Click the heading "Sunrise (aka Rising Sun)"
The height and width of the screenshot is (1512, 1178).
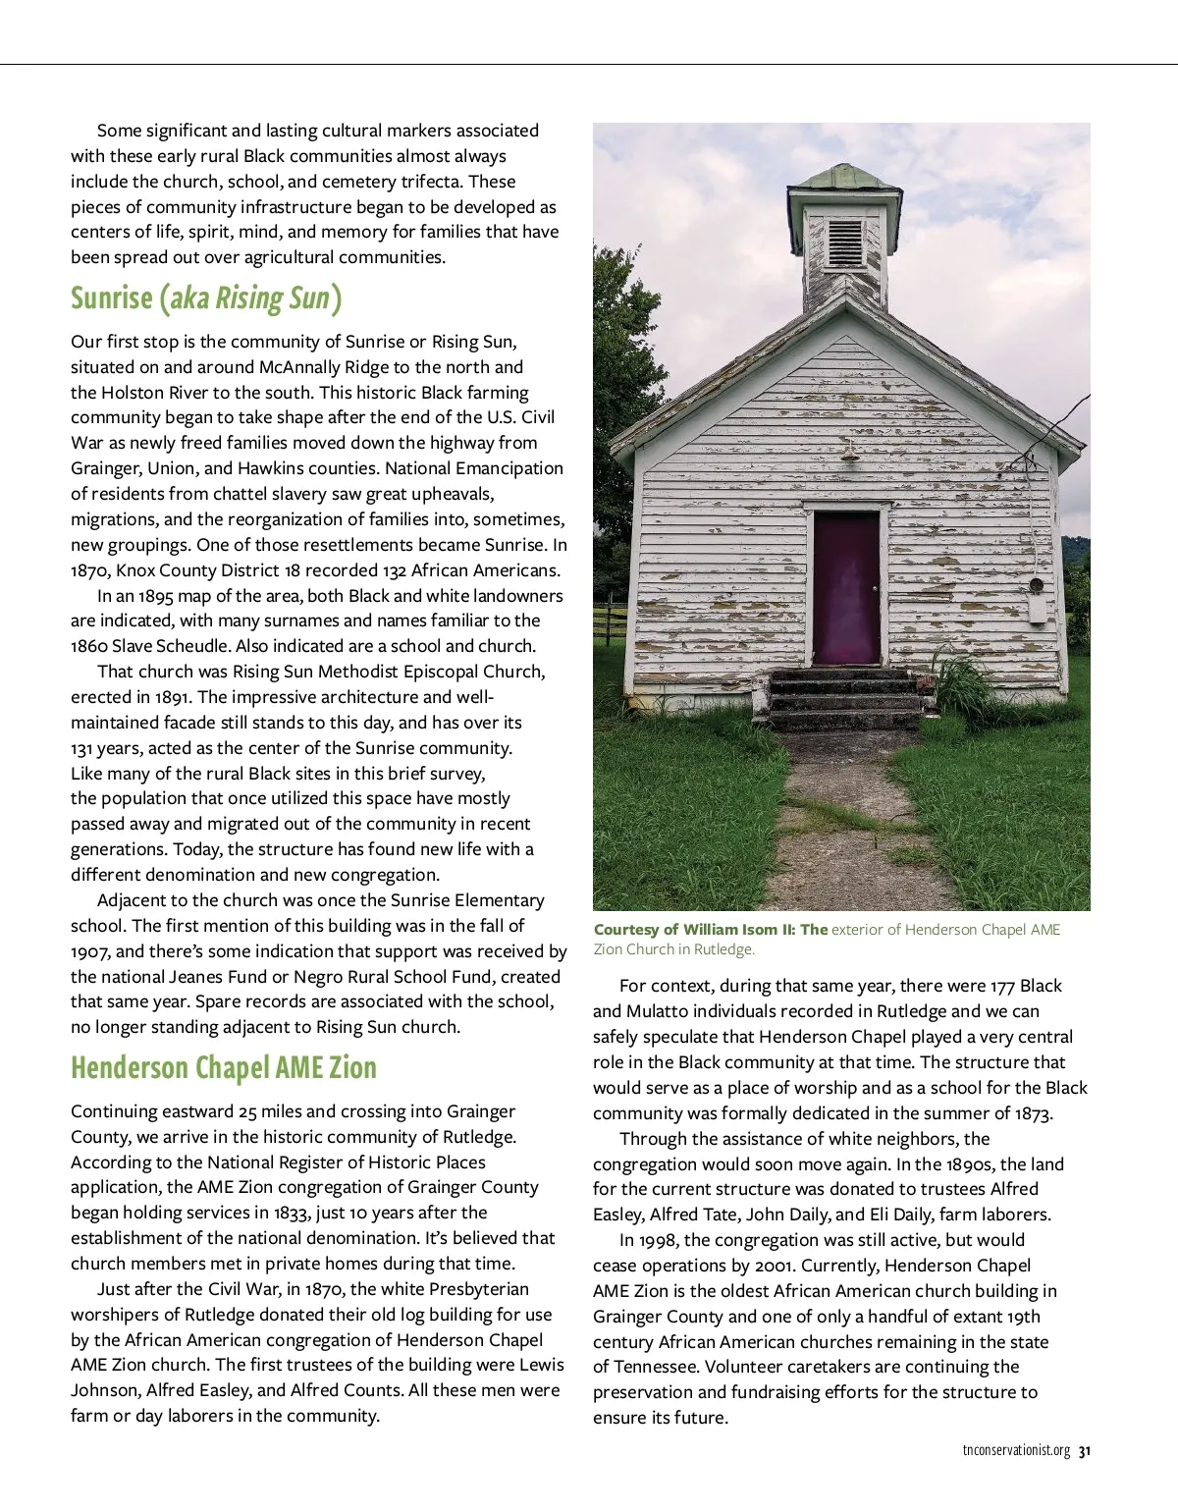coord(206,298)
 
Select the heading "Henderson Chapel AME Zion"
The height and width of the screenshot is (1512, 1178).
coord(224,1068)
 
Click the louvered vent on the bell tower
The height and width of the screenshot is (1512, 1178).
coord(844,243)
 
